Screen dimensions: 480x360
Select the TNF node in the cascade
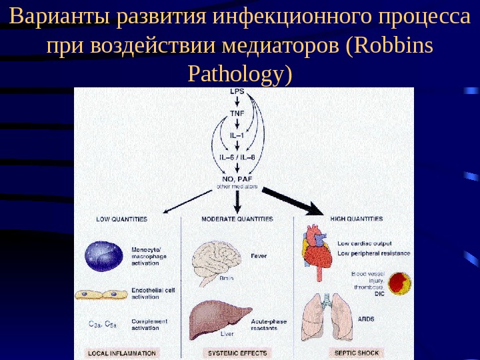[x=237, y=113]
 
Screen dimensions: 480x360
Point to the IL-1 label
[x=237, y=135]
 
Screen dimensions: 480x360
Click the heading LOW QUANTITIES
[x=121, y=219]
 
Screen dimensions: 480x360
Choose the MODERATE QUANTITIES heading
[x=237, y=219]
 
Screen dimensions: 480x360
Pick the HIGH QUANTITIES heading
[x=357, y=219]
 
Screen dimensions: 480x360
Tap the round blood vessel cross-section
[x=399, y=283]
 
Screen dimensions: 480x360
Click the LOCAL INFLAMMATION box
[x=121, y=353]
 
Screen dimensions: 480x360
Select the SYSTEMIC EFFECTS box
[x=237, y=353]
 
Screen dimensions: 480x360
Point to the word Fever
[x=259, y=255]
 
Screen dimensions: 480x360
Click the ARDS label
[x=366, y=319]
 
